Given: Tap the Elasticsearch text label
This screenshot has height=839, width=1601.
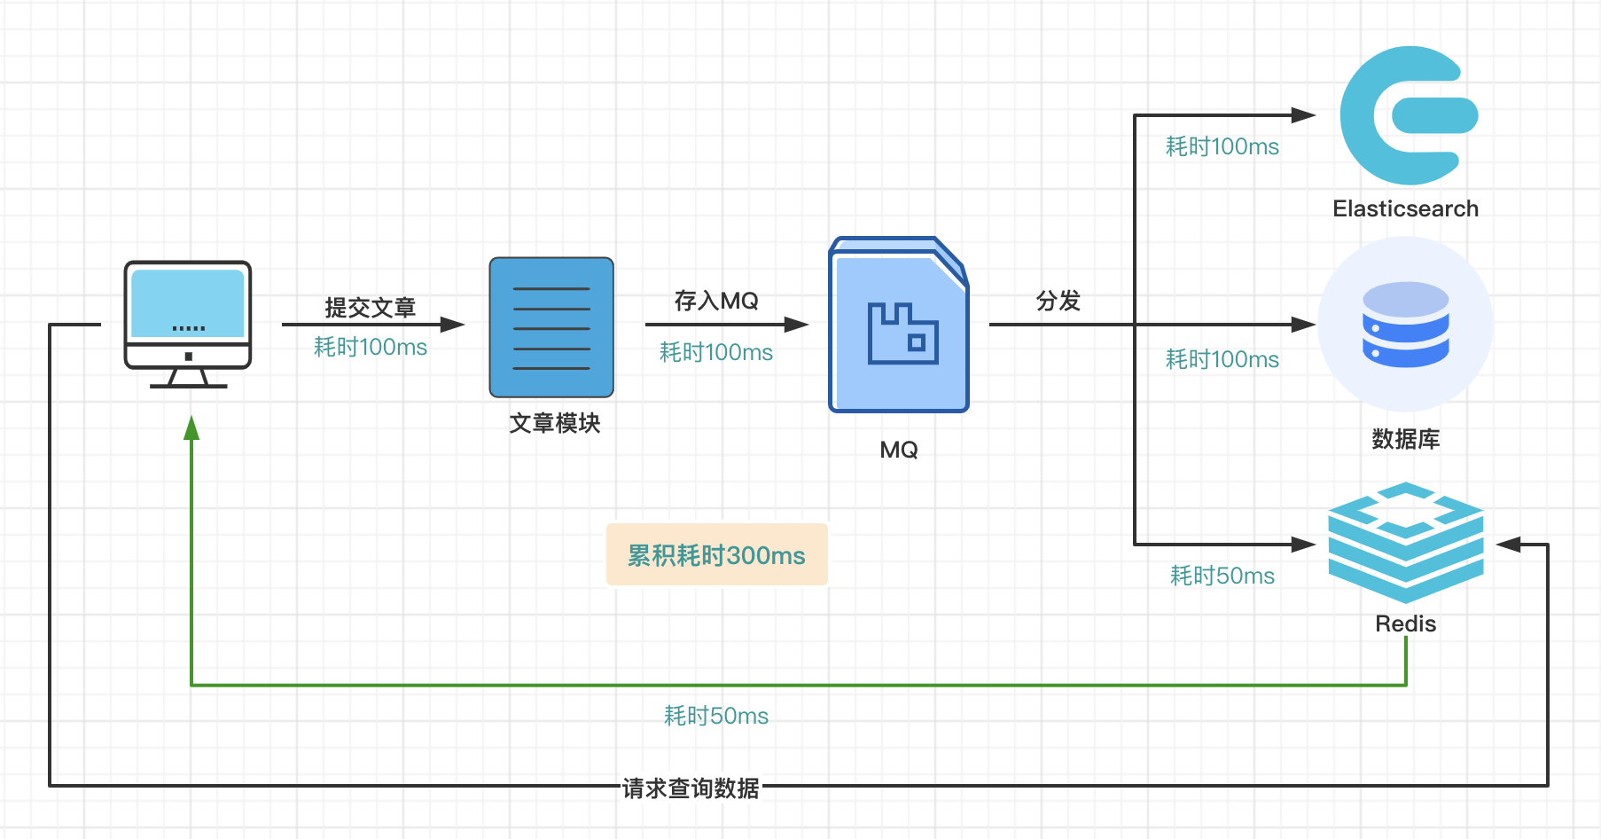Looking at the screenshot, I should [x=1405, y=208].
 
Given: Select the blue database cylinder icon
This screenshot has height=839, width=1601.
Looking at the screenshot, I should [x=1405, y=325].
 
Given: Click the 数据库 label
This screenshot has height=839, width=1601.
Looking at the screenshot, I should [x=1405, y=439].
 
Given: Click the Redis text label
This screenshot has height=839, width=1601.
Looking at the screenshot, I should [x=1405, y=623].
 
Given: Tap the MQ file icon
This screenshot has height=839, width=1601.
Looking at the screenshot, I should [x=898, y=325].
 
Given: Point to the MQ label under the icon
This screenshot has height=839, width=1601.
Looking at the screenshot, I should [x=898, y=450].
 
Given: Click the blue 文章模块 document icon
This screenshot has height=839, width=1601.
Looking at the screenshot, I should [x=551, y=327].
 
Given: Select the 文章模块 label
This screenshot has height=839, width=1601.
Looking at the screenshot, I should [x=555, y=423].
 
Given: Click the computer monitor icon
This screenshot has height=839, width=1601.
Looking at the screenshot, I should [x=188, y=325].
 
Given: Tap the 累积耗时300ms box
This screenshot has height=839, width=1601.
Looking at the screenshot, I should [x=716, y=555].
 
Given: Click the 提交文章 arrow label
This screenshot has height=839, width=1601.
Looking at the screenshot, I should [x=370, y=307].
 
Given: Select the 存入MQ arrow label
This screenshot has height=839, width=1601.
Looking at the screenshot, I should [x=716, y=301].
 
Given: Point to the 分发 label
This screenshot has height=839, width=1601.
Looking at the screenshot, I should [x=1058, y=301].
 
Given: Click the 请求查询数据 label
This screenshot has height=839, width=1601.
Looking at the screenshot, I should [x=691, y=788].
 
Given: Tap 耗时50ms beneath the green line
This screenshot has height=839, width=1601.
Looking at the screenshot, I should [x=716, y=716].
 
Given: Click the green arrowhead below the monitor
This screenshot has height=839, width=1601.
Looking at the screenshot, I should [x=191, y=428].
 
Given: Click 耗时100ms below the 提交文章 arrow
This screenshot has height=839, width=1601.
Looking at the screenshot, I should [x=371, y=347].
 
